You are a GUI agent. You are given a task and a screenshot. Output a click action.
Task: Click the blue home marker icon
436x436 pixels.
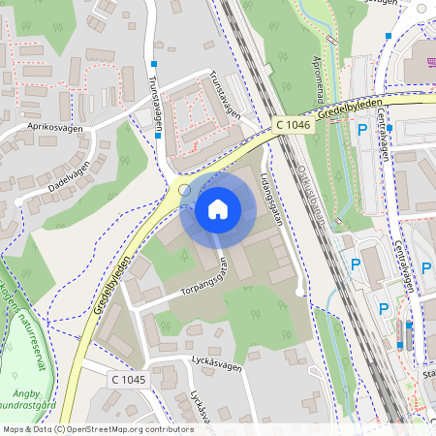[218, 209]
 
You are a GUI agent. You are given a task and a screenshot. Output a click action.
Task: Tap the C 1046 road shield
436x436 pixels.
[293, 124]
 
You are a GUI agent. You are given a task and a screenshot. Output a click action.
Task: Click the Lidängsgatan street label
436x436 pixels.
[273, 200]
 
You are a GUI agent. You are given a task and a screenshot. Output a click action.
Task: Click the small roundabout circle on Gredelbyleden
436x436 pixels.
[184, 191]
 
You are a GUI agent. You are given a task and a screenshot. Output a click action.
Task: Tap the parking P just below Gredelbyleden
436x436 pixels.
[362, 129]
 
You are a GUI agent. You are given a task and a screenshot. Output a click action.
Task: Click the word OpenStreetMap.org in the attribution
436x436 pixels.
[102, 429]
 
